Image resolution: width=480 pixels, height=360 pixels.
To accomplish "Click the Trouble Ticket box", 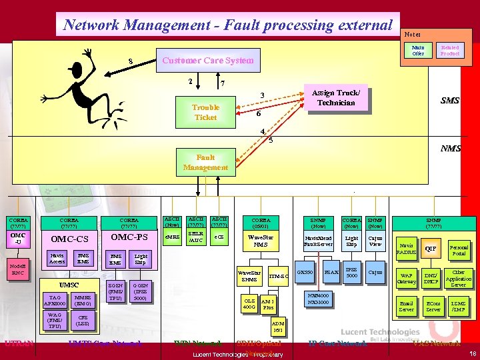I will coord(205,112).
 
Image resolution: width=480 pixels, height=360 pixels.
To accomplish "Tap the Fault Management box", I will coord(205,163).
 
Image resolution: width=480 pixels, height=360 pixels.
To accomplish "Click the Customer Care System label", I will coord(208,60).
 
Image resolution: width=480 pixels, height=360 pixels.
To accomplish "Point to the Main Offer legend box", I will coord(418,50).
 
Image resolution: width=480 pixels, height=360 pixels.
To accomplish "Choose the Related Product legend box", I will coord(450,50).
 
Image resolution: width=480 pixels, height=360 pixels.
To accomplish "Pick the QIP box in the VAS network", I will coord(431,249).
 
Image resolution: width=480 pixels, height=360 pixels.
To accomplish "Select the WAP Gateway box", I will coord(406,277).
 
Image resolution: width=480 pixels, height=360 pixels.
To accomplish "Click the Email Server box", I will coord(406,307).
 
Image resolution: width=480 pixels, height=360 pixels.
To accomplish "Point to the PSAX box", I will coord(331,273).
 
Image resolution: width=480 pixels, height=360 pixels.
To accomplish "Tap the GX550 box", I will coord(305,273).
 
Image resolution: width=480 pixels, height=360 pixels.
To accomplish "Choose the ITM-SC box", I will coord(278,276).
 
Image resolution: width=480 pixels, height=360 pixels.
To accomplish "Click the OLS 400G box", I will coord(249,303).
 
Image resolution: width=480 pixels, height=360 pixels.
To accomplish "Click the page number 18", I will coord(471,353).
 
